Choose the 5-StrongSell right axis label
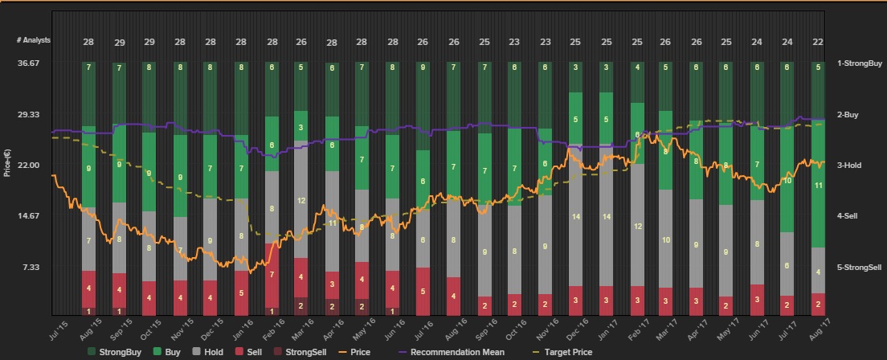pyautogui.click(x=859, y=267)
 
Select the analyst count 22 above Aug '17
pyautogui.click(x=817, y=42)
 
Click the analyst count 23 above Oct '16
pyautogui.click(x=514, y=42)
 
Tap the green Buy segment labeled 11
pyautogui.click(x=817, y=185)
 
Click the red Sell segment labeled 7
pyautogui.click(x=272, y=275)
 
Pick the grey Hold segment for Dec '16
pyautogui.click(x=575, y=216)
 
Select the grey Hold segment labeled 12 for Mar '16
pyautogui.click(x=300, y=199)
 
